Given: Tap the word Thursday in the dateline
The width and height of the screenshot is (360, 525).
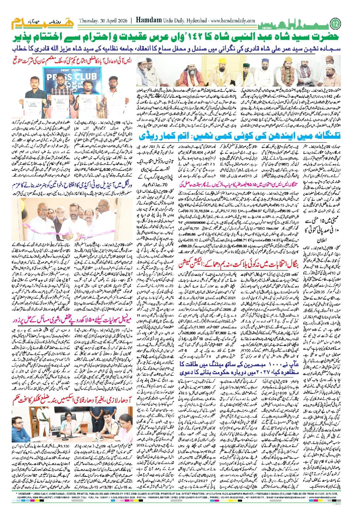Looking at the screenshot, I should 89,20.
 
